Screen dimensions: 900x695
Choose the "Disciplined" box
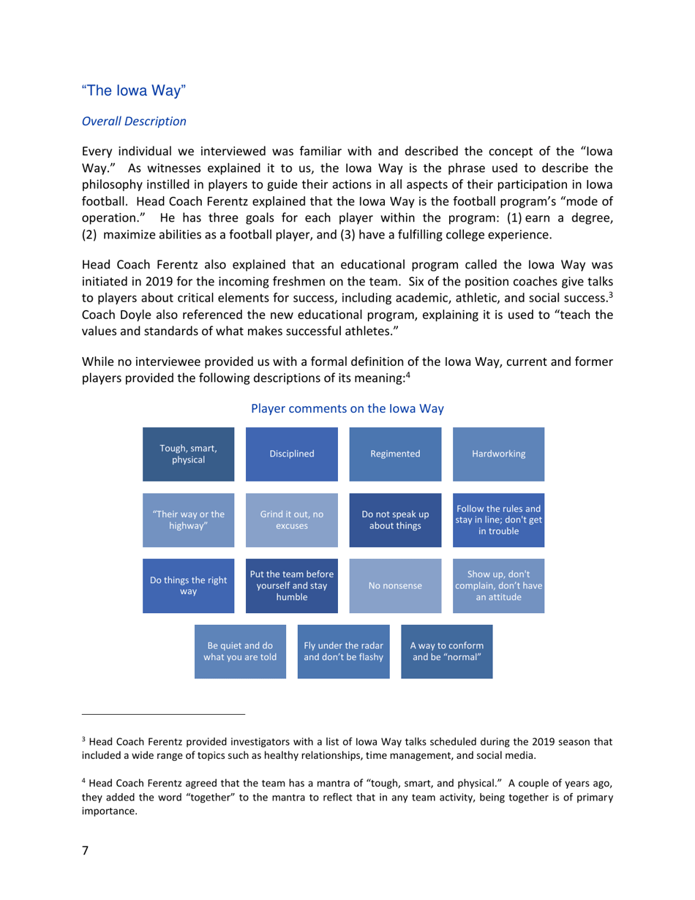pyautogui.click(x=292, y=454)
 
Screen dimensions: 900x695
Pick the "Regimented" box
pyautogui.click(x=395, y=454)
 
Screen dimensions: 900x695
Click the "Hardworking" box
pyautogui.click(x=498, y=454)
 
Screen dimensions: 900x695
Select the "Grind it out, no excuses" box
pyautogui.click(x=292, y=520)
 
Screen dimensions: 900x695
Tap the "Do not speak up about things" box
pyautogui.click(x=395, y=520)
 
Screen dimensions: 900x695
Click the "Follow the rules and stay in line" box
pyautogui.click(x=498, y=520)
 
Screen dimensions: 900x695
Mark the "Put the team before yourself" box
pyautogui.click(x=292, y=585)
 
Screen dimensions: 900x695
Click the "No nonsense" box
pyautogui.click(x=395, y=585)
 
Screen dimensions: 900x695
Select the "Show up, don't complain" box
pyautogui.click(x=498, y=585)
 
